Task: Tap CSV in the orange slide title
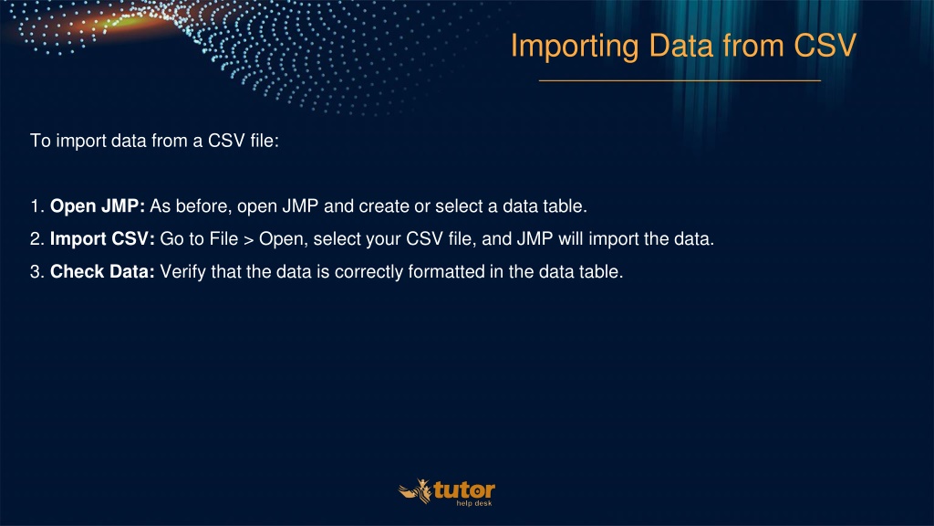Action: pyautogui.click(x=825, y=46)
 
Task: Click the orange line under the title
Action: pyautogui.click(x=680, y=80)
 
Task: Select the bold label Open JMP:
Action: pyautogui.click(x=97, y=206)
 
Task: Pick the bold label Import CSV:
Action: pyautogui.click(x=102, y=239)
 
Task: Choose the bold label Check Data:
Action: pyautogui.click(x=102, y=272)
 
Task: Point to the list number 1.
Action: pyautogui.click(x=36, y=206)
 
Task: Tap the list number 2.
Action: pyautogui.click(x=36, y=239)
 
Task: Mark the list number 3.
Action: pyautogui.click(x=36, y=272)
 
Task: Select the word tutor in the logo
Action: pyautogui.click(x=464, y=490)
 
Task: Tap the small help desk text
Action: pyautogui.click(x=474, y=503)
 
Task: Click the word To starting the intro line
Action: pyautogui.click(x=40, y=141)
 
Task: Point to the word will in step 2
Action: pyautogui.click(x=571, y=239)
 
